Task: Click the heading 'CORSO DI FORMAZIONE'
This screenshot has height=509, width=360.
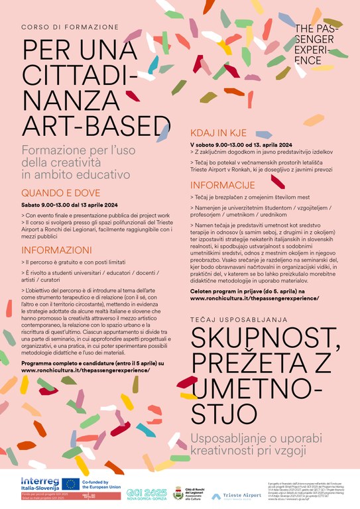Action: tap(70, 28)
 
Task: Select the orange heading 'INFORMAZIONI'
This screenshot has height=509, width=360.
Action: tap(56, 250)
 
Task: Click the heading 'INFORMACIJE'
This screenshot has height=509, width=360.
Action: tap(222, 184)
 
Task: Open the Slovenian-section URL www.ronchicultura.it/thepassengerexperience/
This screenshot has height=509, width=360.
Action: tap(255, 299)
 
